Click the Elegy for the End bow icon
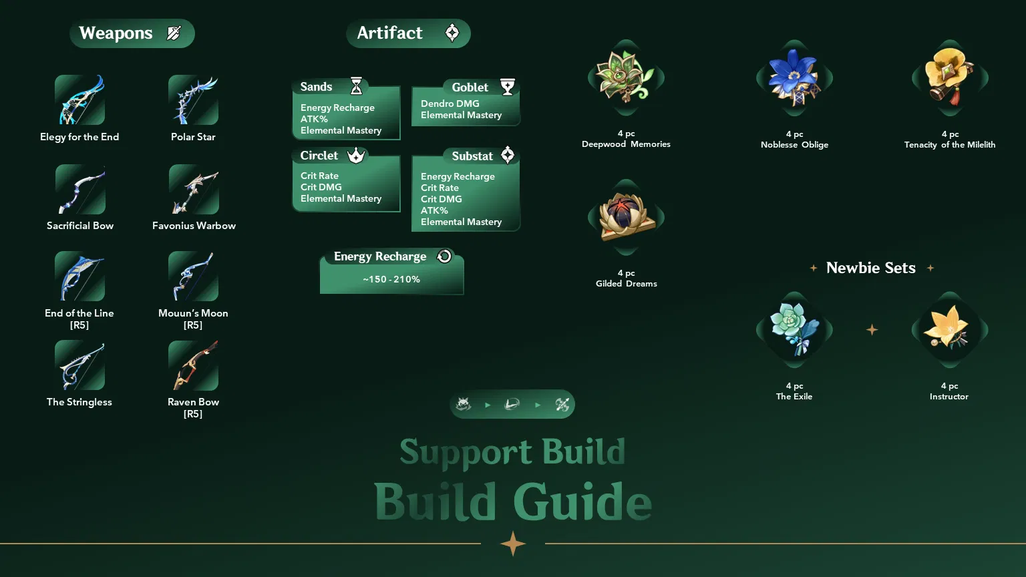click(79, 100)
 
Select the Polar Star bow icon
click(193, 100)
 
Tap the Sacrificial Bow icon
click(80, 189)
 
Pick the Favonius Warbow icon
click(194, 189)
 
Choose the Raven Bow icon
click(193, 365)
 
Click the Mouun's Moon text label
click(193, 313)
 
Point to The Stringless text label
click(79, 402)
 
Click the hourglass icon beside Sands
click(356, 86)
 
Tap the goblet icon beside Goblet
click(508, 87)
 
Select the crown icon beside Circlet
click(356, 156)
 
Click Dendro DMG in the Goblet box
click(450, 104)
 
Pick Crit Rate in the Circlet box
click(319, 176)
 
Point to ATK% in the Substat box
click(434, 210)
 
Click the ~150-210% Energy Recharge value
click(391, 279)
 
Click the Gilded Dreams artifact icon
click(626, 217)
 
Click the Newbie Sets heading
click(870, 268)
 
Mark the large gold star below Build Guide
click(513, 544)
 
